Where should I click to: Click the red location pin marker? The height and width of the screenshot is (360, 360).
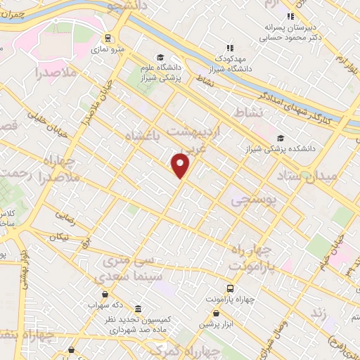point(181,165)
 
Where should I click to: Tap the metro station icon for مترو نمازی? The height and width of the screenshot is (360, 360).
point(108,38)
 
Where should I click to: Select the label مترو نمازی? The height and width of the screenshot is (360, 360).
point(108,50)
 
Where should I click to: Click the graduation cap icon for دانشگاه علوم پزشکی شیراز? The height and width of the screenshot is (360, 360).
point(160,58)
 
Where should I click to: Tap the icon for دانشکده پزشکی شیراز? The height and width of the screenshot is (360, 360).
point(281,138)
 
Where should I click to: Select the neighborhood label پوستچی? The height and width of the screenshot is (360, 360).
point(253,199)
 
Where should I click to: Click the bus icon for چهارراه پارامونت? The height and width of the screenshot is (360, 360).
point(230,289)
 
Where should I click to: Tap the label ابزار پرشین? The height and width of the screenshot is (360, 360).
point(214,324)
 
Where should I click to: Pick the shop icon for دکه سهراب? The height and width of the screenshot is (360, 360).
point(105,294)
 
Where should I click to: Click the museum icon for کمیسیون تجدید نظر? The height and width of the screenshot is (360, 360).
point(137,309)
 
